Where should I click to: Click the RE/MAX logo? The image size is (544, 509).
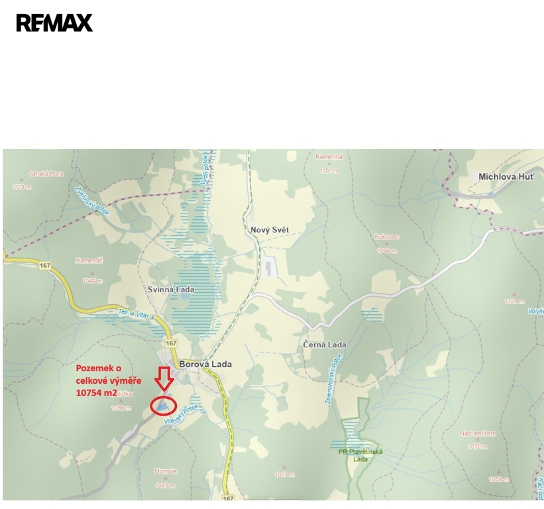coord(54,23)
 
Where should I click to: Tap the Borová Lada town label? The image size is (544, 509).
coord(205,364)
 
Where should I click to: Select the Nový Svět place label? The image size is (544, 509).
coord(270,230)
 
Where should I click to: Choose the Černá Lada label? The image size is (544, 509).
coord(325,345)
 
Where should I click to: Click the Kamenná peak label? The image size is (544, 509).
coord(329,157)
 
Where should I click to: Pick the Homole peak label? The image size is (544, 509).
coord(166,471)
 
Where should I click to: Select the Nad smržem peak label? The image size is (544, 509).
coord(477,433)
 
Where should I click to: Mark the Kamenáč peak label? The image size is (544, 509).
coord(89,260)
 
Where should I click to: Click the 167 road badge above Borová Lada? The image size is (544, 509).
coord(171,343)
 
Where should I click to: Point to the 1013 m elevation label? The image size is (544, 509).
coord(284,475)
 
